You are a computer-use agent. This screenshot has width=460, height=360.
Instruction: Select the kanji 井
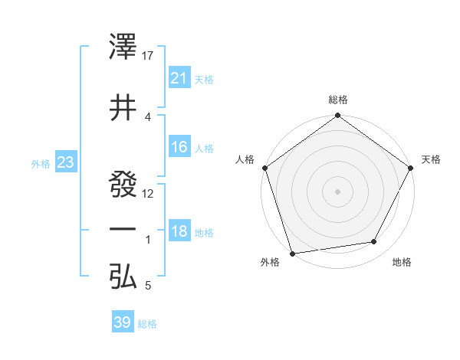pos(123,106)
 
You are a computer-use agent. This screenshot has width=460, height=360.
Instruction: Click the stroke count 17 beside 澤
pos(149,56)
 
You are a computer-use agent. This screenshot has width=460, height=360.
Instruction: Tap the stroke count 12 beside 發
pos(149,193)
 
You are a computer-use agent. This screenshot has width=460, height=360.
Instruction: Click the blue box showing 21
pos(179,77)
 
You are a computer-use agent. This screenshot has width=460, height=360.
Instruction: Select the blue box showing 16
pos(179,147)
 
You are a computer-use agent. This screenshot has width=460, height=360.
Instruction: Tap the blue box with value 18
pos(179,231)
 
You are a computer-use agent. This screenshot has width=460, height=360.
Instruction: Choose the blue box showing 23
pos(66,162)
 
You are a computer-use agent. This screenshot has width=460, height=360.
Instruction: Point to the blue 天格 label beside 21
pos(204,79)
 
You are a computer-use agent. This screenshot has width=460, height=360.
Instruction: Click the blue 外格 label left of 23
pos(41,163)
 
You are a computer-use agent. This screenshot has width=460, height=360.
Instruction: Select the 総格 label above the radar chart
pos(338,100)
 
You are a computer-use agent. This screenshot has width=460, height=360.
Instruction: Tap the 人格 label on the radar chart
pos(245,159)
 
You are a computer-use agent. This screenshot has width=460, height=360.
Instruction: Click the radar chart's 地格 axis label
pos(402,262)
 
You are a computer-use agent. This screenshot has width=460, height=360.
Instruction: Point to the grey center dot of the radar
pos(337,191)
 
